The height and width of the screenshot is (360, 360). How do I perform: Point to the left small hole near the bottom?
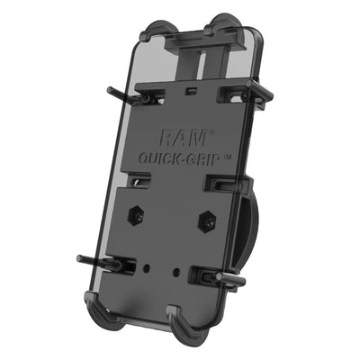145,265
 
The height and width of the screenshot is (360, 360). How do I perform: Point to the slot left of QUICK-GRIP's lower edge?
138,184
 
